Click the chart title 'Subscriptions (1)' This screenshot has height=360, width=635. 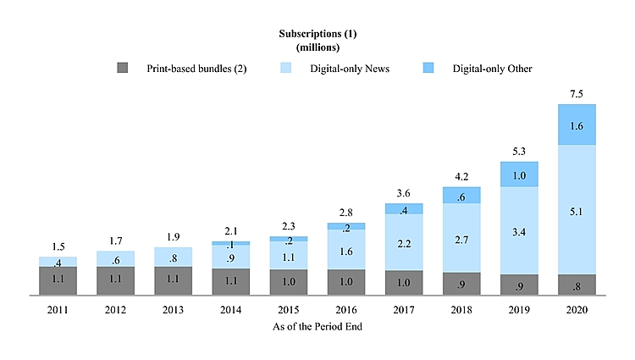click(x=317, y=34)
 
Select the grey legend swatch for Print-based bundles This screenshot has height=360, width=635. click(x=122, y=68)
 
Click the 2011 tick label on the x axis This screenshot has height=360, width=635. click(x=58, y=310)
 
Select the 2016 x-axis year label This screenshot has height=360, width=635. click(x=346, y=310)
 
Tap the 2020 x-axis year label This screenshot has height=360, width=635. click(x=577, y=310)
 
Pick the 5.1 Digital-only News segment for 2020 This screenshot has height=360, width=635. click(x=577, y=209)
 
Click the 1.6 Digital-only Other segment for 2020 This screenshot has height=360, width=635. click(x=577, y=125)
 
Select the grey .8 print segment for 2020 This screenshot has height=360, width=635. click(x=577, y=285)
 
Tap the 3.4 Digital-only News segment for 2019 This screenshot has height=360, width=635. click(x=519, y=230)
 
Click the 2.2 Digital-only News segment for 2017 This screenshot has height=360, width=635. click(x=404, y=242)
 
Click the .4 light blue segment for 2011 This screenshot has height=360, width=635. click(x=58, y=262)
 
